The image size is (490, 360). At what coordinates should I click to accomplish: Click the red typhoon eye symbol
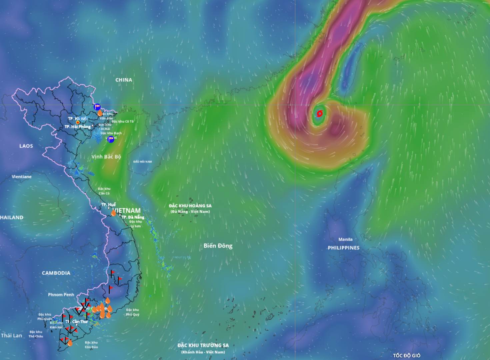tap(319, 114)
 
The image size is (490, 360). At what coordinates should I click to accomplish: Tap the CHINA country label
tap(124, 80)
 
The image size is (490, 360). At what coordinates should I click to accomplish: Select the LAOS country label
tap(26, 146)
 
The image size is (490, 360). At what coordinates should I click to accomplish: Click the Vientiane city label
tap(22, 177)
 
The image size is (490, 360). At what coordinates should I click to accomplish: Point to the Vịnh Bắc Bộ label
tap(106, 157)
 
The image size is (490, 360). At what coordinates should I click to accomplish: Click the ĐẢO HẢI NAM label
tap(142, 162)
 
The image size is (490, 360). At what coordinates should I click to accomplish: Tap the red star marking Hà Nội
tap(78, 122)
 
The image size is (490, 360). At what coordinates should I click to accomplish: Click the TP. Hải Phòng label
tap(78, 127)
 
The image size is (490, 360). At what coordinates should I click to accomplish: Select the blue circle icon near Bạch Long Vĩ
tap(111, 140)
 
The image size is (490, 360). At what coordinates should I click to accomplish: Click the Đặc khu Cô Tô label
tap(123, 121)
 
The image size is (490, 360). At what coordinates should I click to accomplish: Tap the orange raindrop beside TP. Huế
tap(114, 213)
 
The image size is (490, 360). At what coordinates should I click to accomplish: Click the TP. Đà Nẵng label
tap(133, 217)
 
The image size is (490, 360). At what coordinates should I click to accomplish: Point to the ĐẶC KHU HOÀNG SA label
tap(190, 206)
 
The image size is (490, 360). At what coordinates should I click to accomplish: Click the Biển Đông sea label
tap(218, 246)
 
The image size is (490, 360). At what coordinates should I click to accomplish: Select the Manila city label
tap(345, 239)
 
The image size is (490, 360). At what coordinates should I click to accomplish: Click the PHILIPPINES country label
tap(343, 248)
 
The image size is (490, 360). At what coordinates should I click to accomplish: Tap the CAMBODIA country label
tap(56, 273)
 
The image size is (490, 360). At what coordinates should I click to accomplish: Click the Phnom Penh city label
tap(61, 295)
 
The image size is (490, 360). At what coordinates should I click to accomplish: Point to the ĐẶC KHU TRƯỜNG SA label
tap(203, 345)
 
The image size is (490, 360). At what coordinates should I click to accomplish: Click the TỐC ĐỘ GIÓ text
tap(406, 356)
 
